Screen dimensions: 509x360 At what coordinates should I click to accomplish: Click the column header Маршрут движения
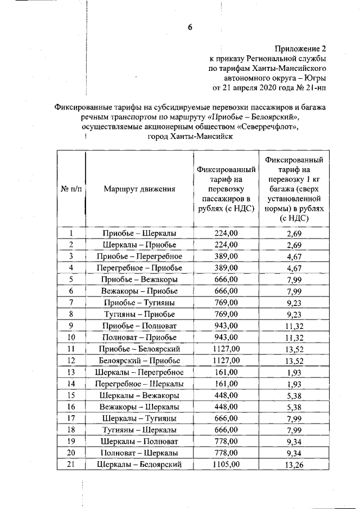(139, 189)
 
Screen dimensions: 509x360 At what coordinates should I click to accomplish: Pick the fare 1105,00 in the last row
(227, 464)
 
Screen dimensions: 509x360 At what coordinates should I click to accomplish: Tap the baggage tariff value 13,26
(296, 465)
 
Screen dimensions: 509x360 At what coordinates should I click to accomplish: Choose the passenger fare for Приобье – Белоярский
(227, 349)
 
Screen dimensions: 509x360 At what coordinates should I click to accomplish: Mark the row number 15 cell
(71, 395)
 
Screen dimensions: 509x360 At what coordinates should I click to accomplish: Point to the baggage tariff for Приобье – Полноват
(296, 326)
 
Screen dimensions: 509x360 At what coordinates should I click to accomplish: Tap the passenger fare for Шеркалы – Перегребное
(227, 372)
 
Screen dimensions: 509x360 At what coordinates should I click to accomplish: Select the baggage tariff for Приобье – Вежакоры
(296, 280)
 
